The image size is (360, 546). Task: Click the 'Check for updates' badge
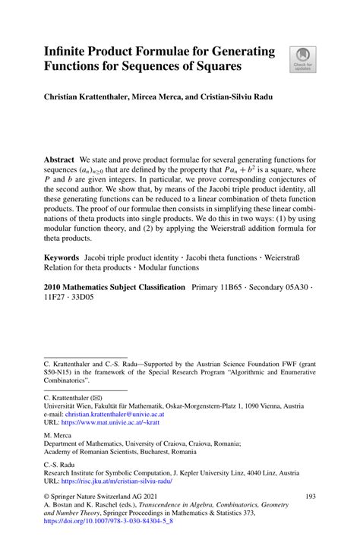302,59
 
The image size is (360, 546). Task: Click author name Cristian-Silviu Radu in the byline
238,99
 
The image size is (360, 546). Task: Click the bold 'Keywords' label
65,259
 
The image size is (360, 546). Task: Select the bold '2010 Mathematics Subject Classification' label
114,288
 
